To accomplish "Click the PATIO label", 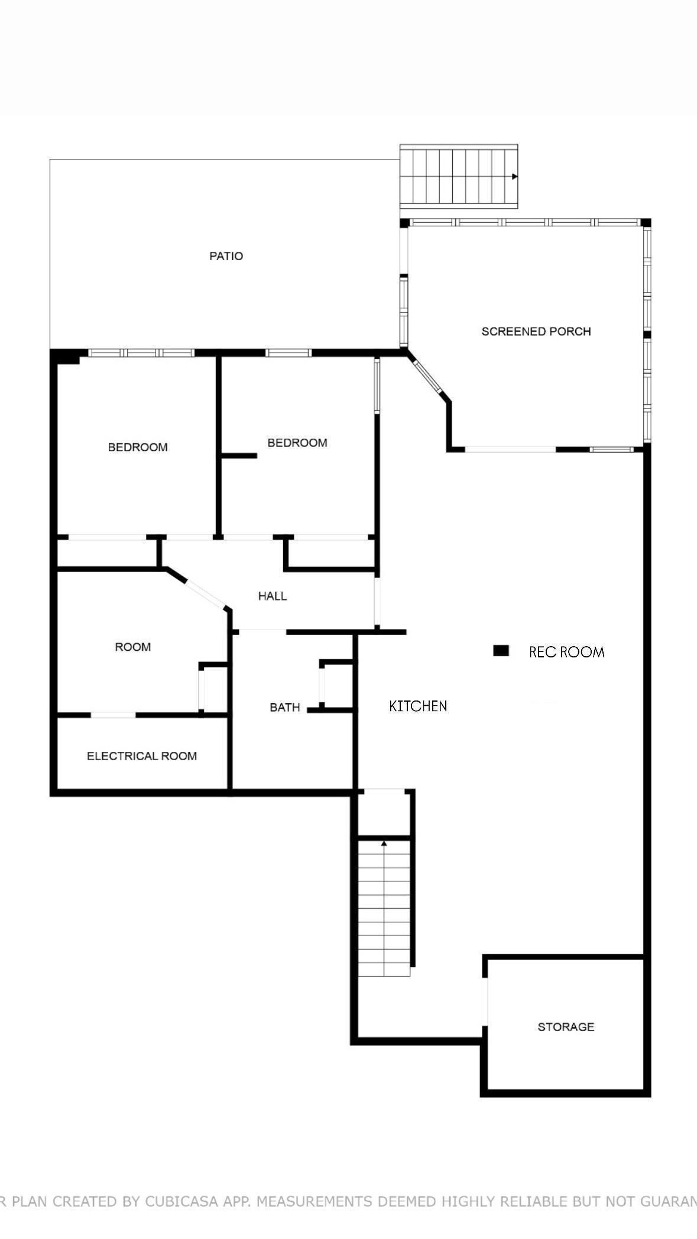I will pos(226,256).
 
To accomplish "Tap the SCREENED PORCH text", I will pos(536,332).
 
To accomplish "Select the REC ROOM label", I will pos(566,652).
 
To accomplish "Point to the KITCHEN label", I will pos(418,706).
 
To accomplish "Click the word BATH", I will pos(285,708).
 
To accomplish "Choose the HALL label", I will pos(273,596).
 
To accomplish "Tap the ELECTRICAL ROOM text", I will pos(142,756).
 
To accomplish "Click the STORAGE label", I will pos(566,1027).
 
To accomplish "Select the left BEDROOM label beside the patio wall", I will pos(138,447).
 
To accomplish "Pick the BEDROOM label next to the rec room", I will pos(297,443).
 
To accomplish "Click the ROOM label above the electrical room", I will pos(133,647).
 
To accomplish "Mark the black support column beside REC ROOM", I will pos(501,651).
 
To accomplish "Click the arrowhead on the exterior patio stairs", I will pos(515,177).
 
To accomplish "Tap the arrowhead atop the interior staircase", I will pos(384,843).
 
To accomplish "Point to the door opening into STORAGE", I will pos(484,1001).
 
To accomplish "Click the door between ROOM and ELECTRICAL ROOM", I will pos(113,715).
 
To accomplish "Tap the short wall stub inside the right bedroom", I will pos(239,456).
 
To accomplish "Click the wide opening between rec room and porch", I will pos(510,450).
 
